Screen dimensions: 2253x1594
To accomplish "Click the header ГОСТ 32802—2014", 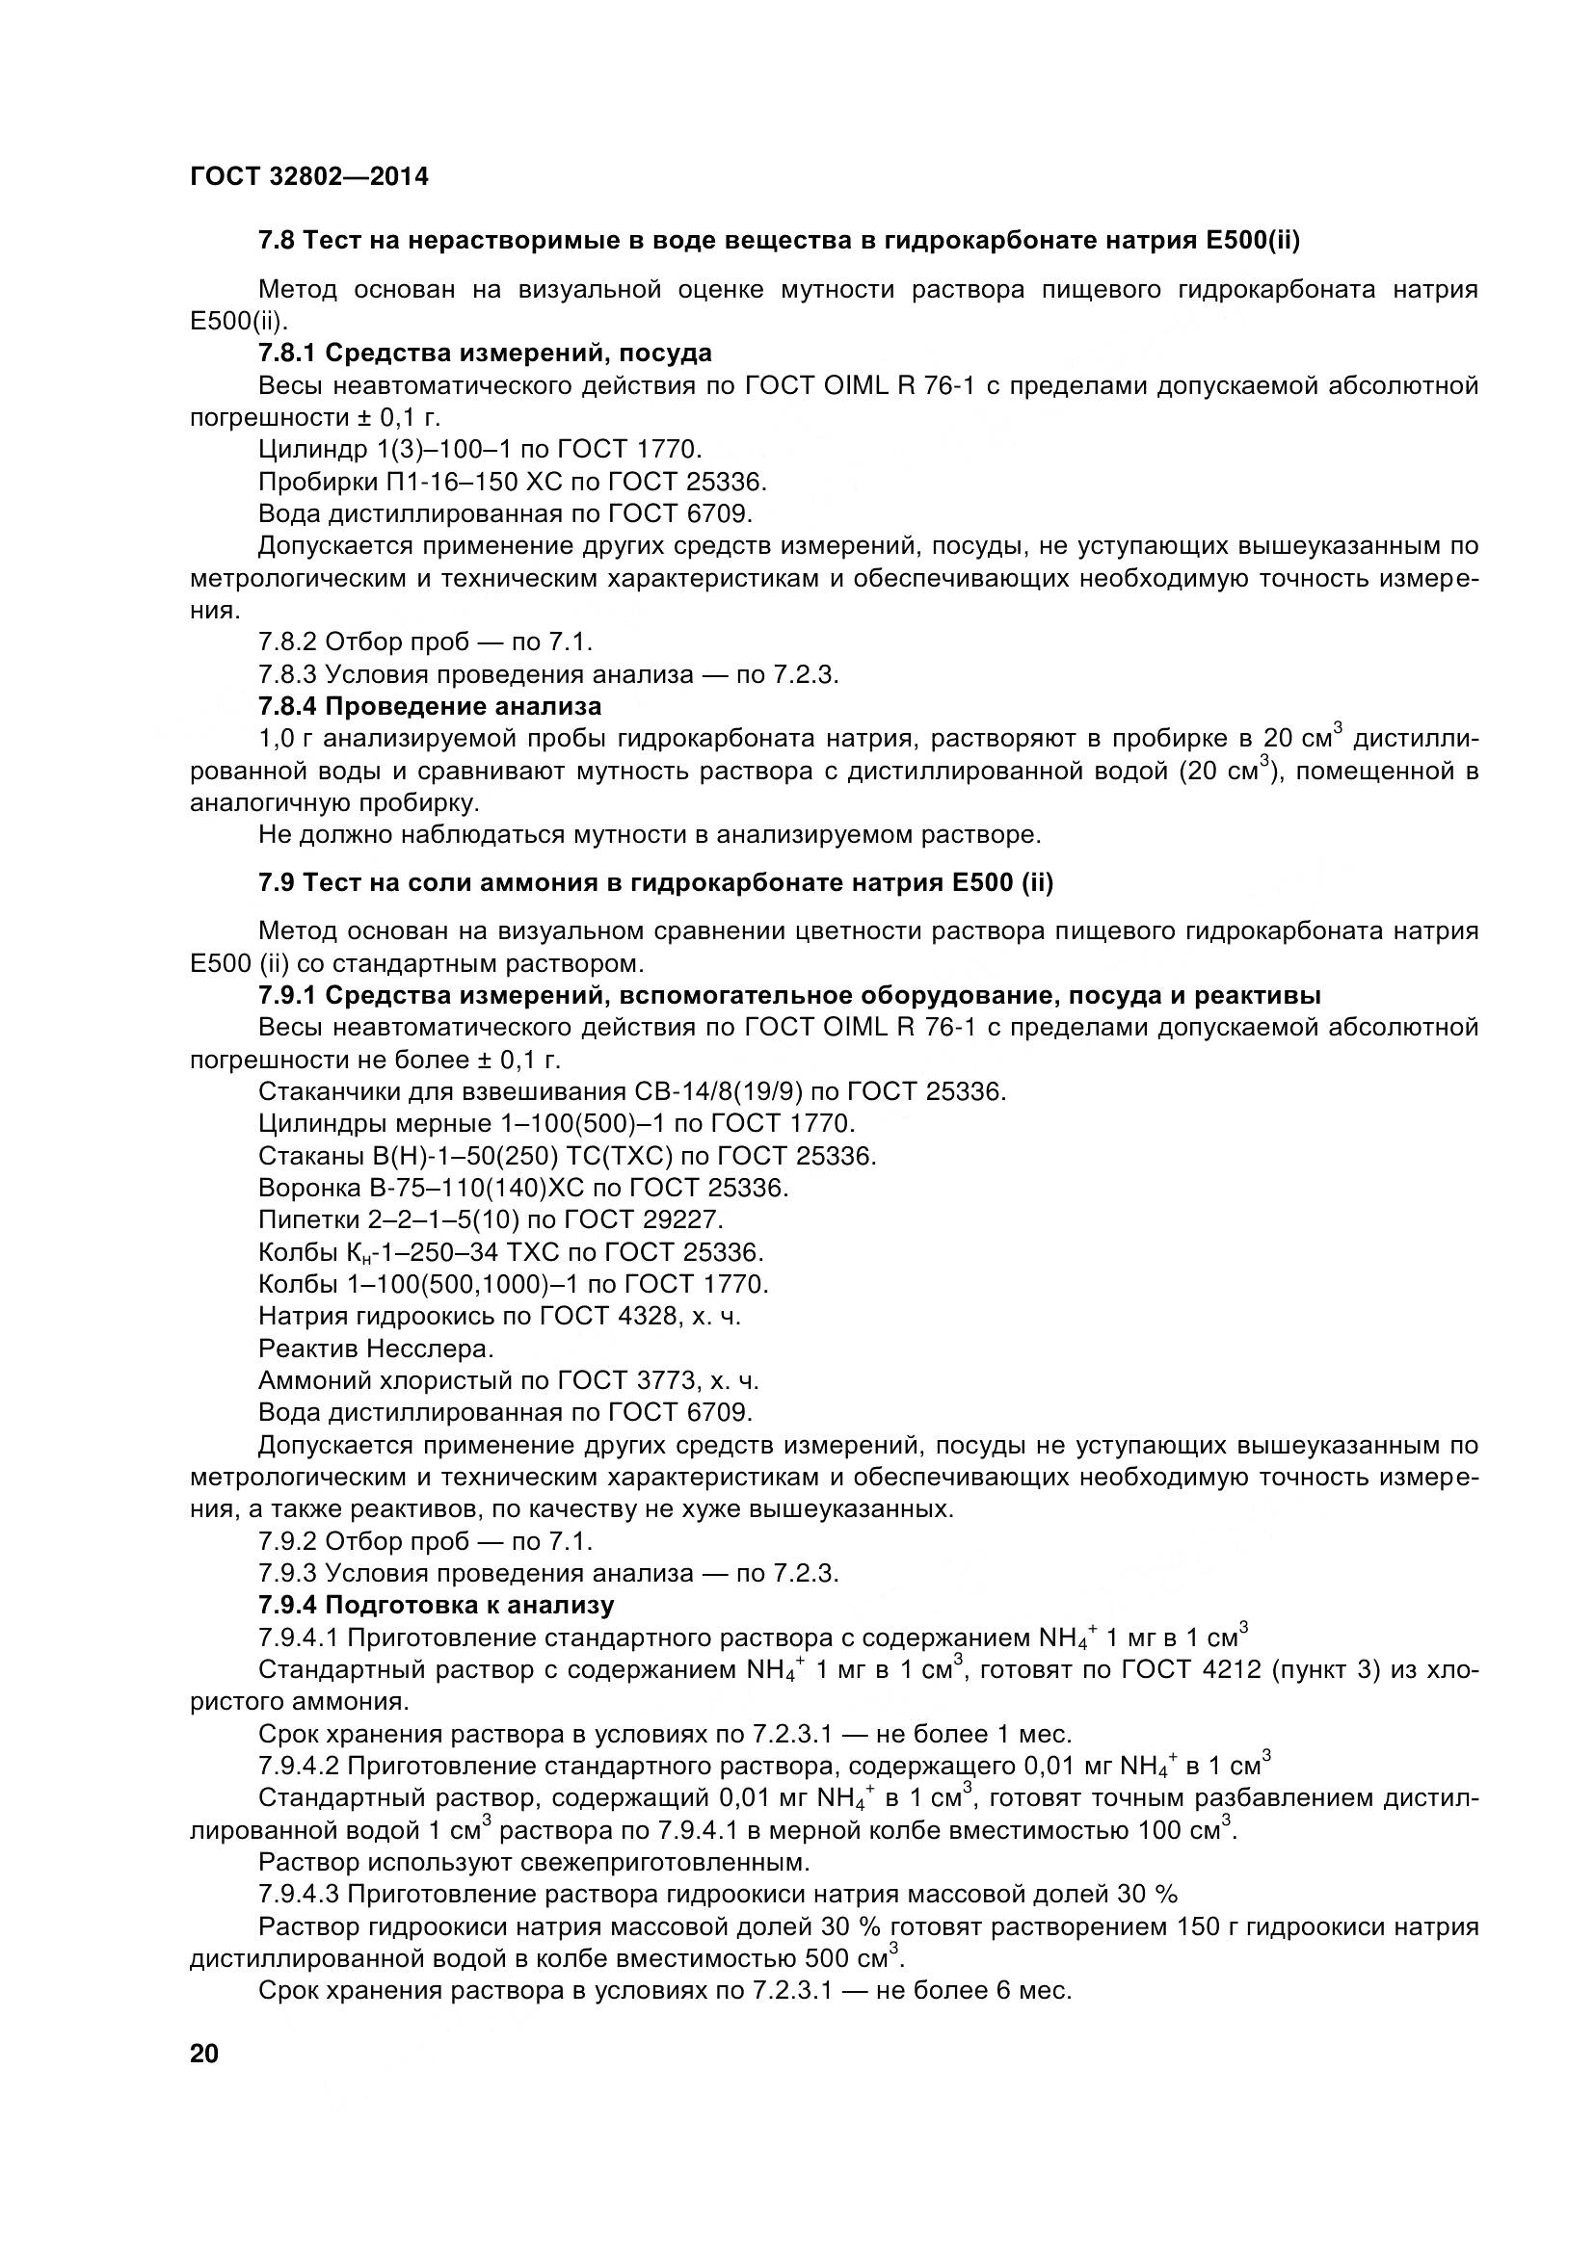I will coord(309,176).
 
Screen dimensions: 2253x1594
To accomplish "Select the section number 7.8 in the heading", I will coord(277,241).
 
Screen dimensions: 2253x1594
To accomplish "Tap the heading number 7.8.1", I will coord(286,353).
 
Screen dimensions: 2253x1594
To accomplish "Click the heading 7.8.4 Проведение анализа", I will coord(430,705).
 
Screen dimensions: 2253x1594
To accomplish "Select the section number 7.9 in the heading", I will coord(277,883).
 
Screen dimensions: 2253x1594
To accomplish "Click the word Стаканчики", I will coord(332,1092).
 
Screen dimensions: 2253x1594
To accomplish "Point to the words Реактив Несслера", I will coord(376,1349).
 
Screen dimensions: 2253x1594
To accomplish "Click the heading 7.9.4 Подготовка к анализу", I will coord(436,1606).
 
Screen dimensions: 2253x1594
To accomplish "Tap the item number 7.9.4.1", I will coord(299,1637).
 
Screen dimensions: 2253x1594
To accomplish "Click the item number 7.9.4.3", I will coord(299,1894).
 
